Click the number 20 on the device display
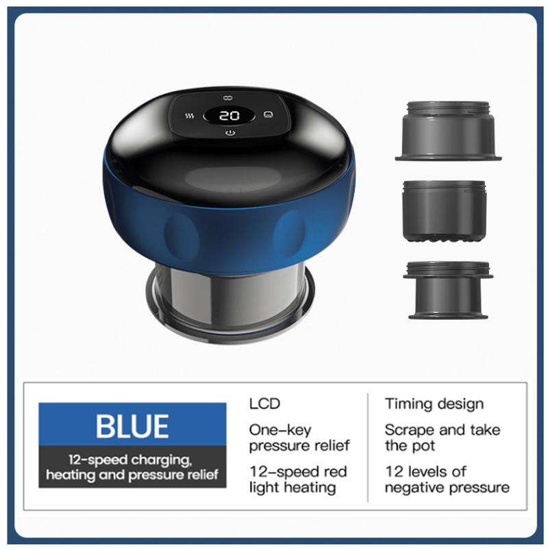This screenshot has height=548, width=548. point(229,115)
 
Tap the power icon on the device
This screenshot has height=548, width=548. point(229,133)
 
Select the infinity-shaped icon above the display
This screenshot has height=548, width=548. point(228,98)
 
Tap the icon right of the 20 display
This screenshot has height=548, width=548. point(268,114)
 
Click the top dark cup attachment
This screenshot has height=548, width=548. point(449,131)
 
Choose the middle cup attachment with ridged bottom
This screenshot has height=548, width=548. point(444,211)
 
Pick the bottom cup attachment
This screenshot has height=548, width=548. point(448,290)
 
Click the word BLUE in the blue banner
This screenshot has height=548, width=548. point(132,426)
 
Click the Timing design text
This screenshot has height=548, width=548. point(434,404)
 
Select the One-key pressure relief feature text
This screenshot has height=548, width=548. point(299,438)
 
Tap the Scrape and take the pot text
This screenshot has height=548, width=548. point(443,438)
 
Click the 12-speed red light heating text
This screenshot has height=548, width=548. point(298,480)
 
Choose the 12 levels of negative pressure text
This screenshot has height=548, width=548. point(447,480)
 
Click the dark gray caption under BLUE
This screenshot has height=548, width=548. point(132,467)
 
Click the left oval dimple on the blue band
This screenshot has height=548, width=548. point(179,233)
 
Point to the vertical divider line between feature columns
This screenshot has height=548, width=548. point(368,447)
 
